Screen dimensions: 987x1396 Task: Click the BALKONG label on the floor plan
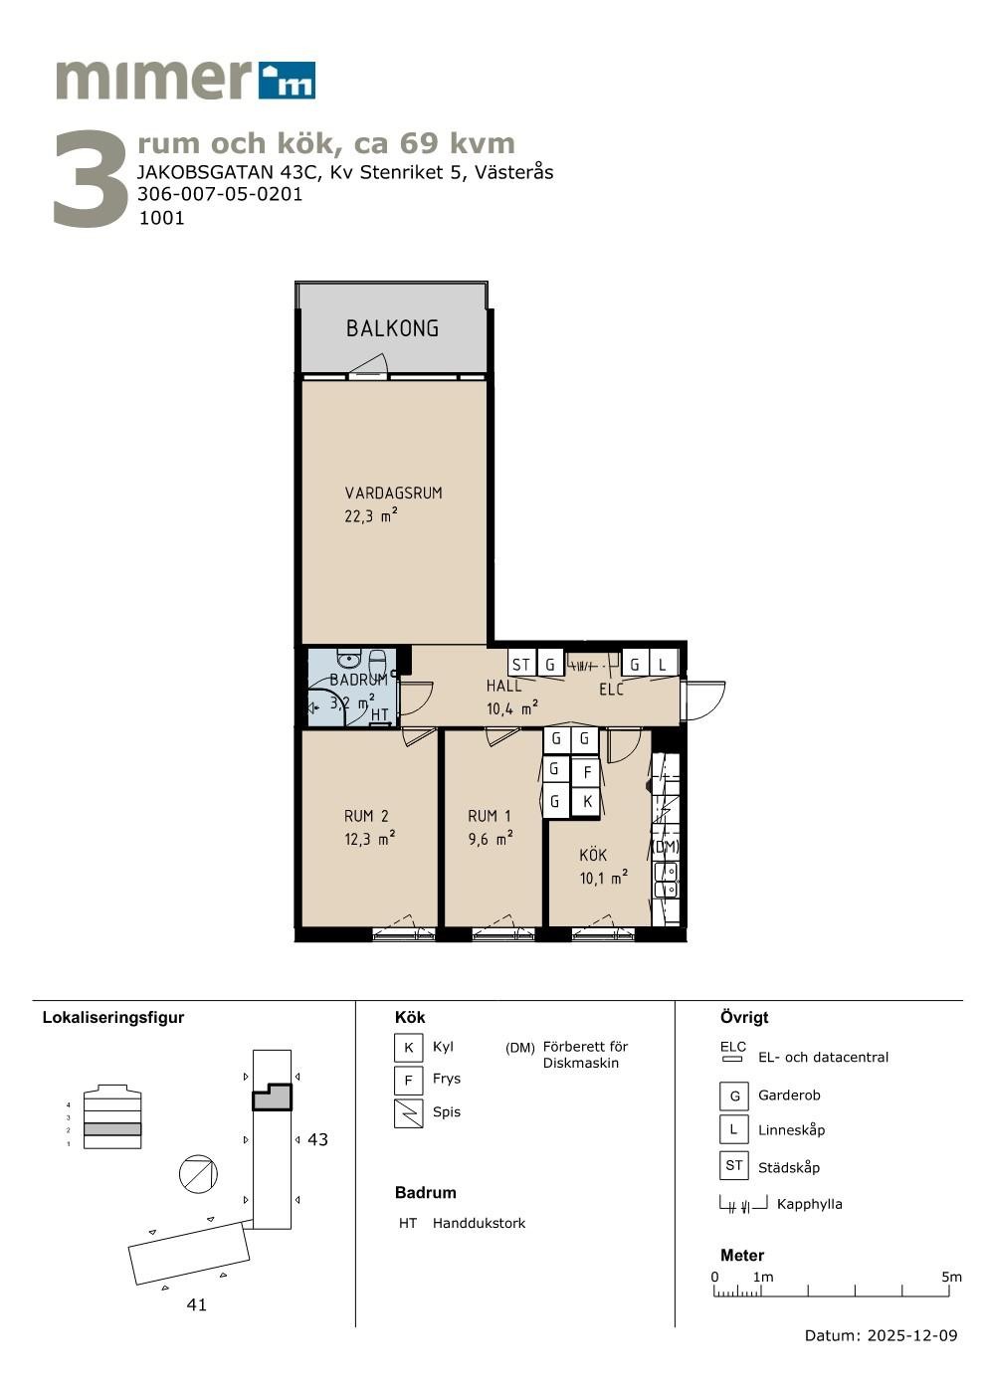392,328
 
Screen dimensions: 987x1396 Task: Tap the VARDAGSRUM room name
393,493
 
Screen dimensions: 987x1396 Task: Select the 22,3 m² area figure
371,515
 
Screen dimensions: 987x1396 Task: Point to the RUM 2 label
366,816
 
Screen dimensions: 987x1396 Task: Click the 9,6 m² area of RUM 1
491,839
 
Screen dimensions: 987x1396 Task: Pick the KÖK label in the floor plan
593,855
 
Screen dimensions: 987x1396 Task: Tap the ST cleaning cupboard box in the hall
521,665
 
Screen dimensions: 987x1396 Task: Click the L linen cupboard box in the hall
663,665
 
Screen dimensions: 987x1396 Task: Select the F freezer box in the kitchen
586,773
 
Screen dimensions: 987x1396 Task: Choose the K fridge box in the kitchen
586,801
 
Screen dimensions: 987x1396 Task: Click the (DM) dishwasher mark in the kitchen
666,847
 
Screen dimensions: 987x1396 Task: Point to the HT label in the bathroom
379,714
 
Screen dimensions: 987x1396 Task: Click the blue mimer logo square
287,81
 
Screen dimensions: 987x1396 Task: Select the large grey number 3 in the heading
91,178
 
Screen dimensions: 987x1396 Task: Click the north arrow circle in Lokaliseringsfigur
198,1174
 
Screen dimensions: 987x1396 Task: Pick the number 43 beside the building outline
317,1139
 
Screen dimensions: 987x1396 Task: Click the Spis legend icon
409,1113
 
